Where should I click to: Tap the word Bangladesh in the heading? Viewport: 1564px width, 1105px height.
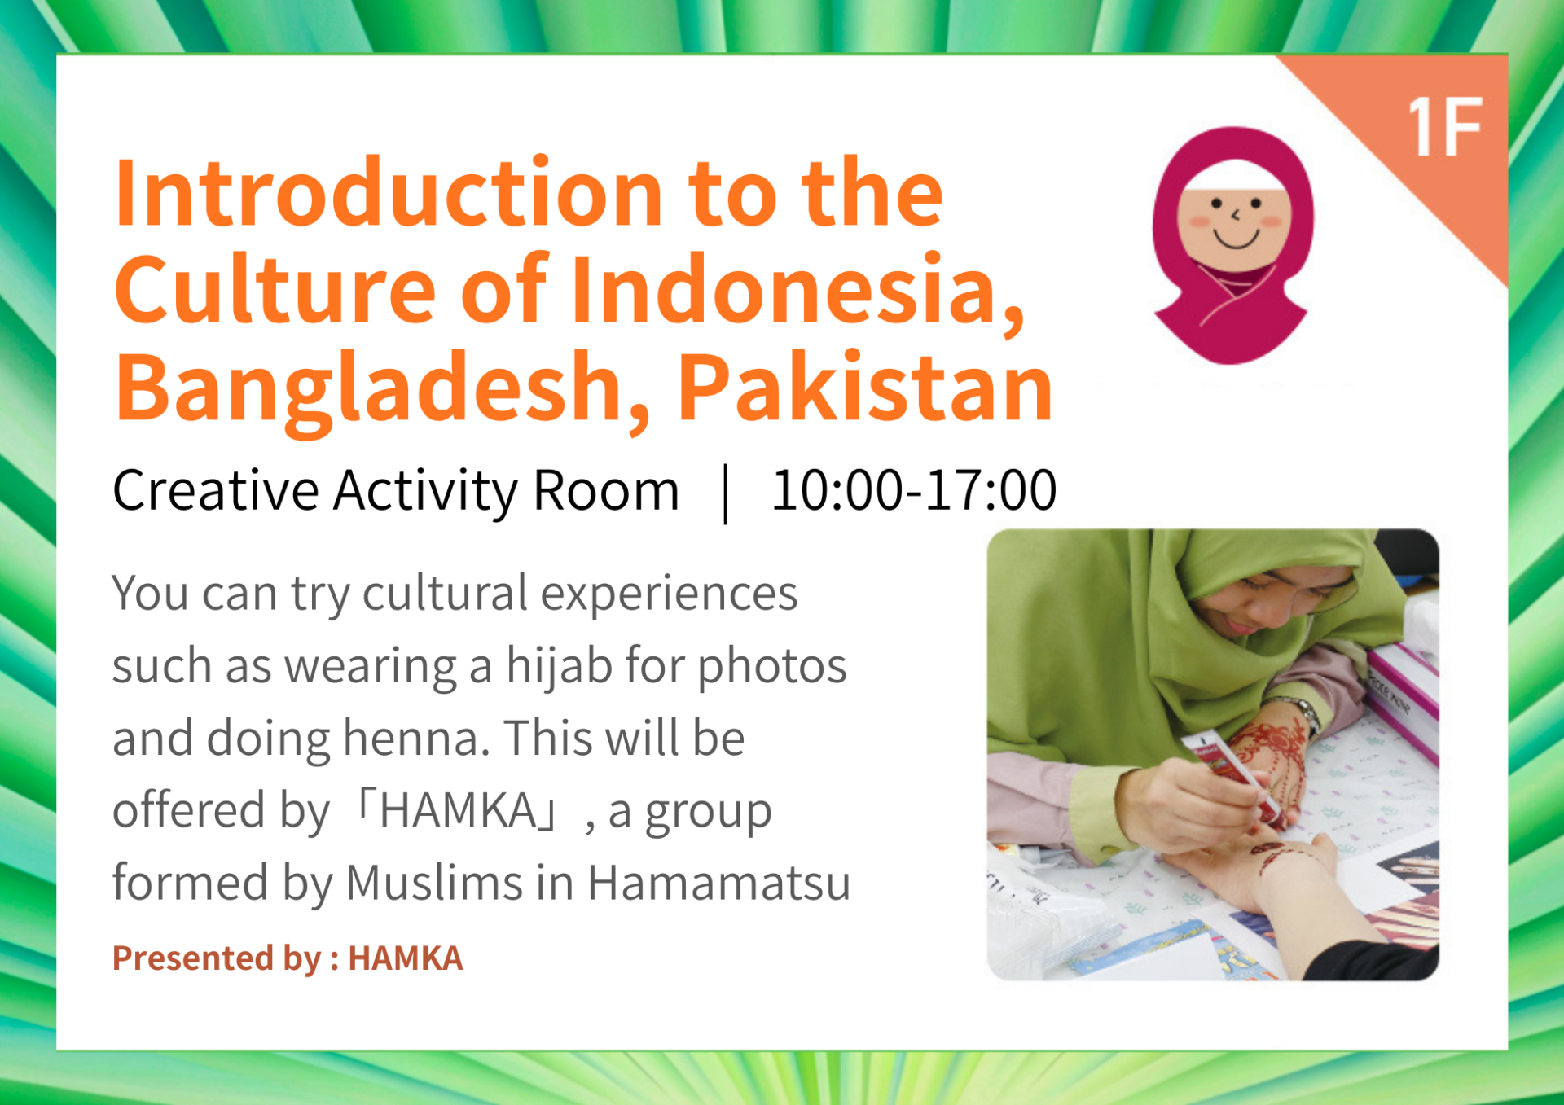click(x=383, y=389)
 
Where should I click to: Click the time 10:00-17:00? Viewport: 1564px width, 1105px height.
click(x=914, y=490)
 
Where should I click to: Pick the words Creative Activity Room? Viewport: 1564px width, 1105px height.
click(x=396, y=491)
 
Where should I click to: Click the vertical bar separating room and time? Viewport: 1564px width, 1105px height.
click(x=726, y=493)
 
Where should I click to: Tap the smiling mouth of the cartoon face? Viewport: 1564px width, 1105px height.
click(x=1237, y=239)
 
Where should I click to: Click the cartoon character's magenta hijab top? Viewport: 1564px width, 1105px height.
click(x=1234, y=151)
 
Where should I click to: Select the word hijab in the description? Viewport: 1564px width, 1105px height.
click(x=559, y=666)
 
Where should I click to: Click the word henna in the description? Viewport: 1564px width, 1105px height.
click(x=416, y=738)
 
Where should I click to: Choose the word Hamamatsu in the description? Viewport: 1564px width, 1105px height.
click(x=719, y=883)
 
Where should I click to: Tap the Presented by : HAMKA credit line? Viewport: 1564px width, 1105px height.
click(x=288, y=958)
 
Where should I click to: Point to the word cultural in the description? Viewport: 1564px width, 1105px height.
click(x=445, y=593)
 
